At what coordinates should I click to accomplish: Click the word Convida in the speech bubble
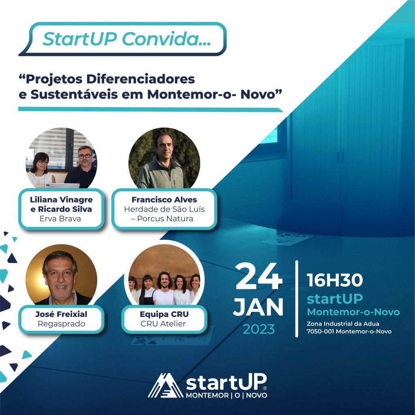click(166, 39)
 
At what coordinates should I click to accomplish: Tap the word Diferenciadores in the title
click(141, 79)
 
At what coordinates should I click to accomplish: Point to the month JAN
click(258, 307)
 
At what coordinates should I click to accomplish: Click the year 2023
click(259, 329)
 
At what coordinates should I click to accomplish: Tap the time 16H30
click(334, 280)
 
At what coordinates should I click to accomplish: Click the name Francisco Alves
click(164, 199)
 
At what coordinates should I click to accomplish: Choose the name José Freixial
click(61, 314)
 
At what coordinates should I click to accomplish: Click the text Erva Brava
click(60, 218)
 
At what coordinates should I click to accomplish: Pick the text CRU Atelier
click(163, 324)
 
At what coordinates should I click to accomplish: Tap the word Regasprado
click(62, 324)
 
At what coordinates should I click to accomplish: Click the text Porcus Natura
click(165, 218)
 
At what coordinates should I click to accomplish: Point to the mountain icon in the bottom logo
click(165, 385)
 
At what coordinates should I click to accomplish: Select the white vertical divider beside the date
click(297, 299)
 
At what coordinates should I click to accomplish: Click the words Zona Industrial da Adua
click(343, 324)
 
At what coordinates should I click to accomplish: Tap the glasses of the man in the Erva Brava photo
click(85, 156)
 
